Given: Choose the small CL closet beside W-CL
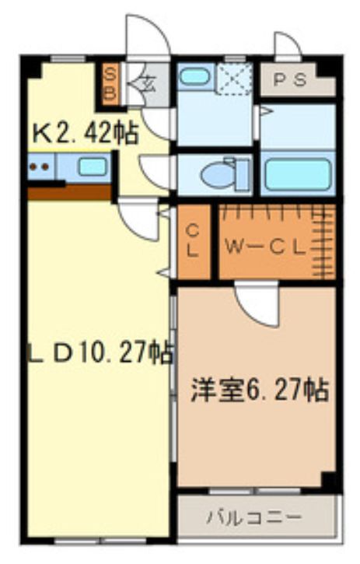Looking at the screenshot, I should coord(193,240).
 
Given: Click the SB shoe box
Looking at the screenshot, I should coord(110,83).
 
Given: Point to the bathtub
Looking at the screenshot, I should coord(296,173).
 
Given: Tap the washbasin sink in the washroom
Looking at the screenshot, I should coord(194,78).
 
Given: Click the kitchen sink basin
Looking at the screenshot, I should coord(93,166).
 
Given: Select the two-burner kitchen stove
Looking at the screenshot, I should coord(40,166).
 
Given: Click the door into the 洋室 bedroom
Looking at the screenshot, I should coord(257,304).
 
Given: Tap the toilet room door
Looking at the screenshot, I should coord(156,171).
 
